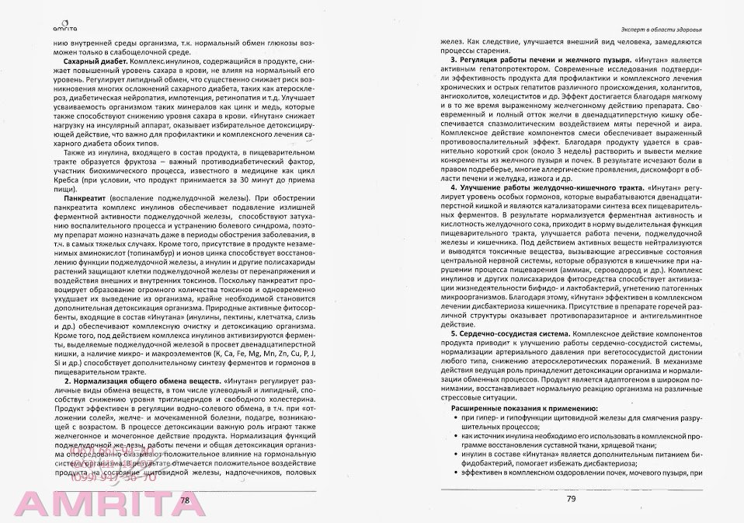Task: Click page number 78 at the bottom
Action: [185, 500]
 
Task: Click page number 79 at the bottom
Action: [570, 498]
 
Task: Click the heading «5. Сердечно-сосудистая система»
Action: [513, 332]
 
